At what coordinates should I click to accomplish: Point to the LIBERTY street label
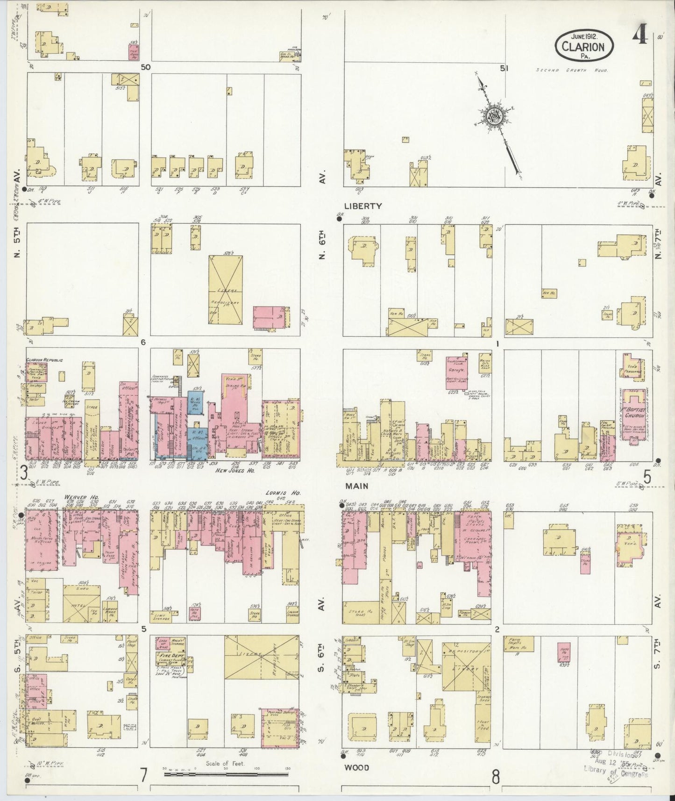click(x=363, y=206)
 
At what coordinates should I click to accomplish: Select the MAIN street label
click(x=356, y=486)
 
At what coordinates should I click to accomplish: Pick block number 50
click(x=146, y=67)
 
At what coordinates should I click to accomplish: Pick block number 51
click(x=504, y=68)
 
